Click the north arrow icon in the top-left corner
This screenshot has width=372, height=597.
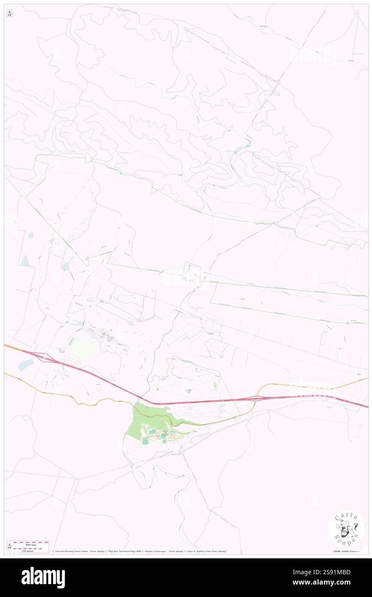tap(9, 13)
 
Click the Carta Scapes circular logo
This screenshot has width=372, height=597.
tap(346, 528)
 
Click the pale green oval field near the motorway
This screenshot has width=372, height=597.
tap(82, 348)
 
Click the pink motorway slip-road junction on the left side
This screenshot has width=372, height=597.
tap(43, 356)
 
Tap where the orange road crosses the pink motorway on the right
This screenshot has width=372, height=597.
tap(256, 397)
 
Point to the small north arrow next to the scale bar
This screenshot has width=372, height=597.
tap(9, 546)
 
